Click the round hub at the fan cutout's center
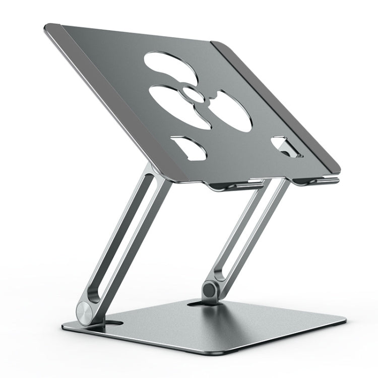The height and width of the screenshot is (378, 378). click(x=192, y=93)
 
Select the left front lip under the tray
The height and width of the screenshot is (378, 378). click(x=234, y=186)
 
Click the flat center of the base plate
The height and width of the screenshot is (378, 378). click(x=222, y=328)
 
